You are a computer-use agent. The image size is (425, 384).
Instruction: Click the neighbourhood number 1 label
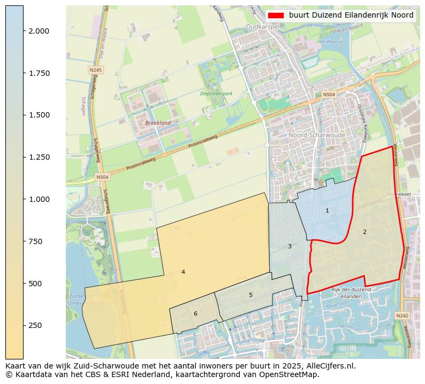tap(327, 211)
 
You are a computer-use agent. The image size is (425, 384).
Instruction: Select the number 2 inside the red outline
tap(365, 232)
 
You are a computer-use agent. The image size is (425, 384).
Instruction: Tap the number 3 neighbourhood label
tap(290, 246)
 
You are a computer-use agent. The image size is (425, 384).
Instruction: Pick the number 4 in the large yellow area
tap(183, 272)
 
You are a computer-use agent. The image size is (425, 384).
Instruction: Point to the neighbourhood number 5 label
tap(251, 295)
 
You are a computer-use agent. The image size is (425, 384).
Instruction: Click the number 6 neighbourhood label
tap(195, 314)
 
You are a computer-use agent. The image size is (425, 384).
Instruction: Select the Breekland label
tap(158, 123)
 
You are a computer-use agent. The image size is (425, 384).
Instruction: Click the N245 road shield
tap(95, 70)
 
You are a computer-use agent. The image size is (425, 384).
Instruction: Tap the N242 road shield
tap(402, 316)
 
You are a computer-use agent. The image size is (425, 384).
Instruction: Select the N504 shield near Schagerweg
tap(102, 177)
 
